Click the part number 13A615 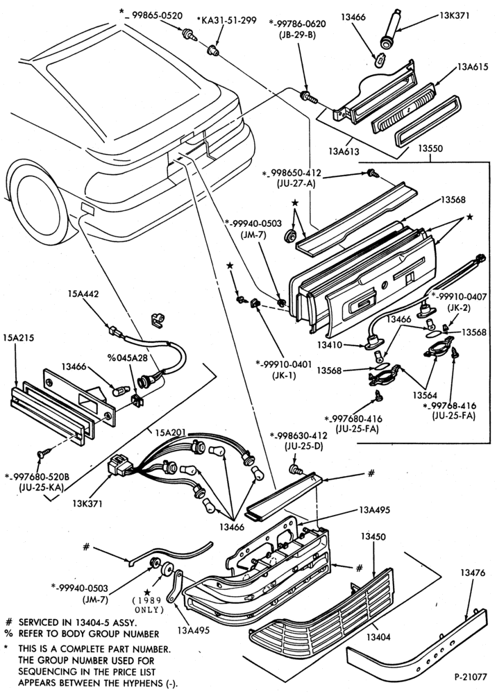click(473, 67)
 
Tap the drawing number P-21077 click(471, 677)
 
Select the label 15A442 click(83, 294)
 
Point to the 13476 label click(473, 573)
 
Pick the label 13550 click(430, 149)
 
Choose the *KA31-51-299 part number click(226, 20)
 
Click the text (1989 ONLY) click(149, 605)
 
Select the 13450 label click(373, 536)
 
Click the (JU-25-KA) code click(42, 487)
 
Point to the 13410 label click(330, 344)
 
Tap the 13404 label click(378, 637)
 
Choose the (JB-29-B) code click(297, 35)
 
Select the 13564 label click(426, 395)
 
